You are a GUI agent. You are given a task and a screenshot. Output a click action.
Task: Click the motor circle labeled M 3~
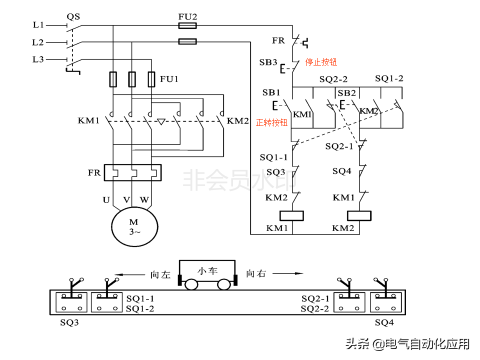pyautogui.click(x=133, y=226)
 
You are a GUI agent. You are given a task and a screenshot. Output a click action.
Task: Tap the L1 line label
pyautogui.click(x=38, y=24)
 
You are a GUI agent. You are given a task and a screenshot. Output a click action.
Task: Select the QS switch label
pyautogui.click(x=72, y=15)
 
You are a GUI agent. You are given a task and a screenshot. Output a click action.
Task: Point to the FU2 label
pyautogui.click(x=187, y=16)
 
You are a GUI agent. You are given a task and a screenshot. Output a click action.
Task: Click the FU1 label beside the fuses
pyautogui.click(x=169, y=79)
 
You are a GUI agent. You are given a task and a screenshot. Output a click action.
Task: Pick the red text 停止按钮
pyautogui.click(x=321, y=62)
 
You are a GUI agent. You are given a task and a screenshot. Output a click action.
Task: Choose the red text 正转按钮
pyautogui.click(x=271, y=122)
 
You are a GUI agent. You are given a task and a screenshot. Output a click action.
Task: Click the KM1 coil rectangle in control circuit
pyautogui.click(x=291, y=215)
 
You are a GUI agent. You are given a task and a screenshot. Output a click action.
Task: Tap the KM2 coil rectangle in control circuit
pyautogui.click(x=359, y=215)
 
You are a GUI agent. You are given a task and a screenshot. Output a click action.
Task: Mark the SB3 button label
pyautogui.click(x=268, y=62)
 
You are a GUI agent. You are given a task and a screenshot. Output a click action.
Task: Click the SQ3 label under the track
pyautogui.click(x=69, y=322)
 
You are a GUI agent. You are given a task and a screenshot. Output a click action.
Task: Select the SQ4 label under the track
pyautogui.click(x=384, y=322)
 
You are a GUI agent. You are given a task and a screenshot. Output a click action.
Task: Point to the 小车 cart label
pyautogui.click(x=207, y=271)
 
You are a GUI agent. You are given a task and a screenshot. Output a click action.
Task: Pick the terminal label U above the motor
pyautogui.click(x=106, y=200)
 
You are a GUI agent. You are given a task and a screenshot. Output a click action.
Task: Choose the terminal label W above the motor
pyautogui.click(x=144, y=200)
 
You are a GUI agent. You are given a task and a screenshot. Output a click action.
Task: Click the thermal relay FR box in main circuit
pyautogui.click(x=132, y=173)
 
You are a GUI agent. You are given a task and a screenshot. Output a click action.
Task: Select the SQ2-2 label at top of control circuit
pyautogui.click(x=333, y=79)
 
